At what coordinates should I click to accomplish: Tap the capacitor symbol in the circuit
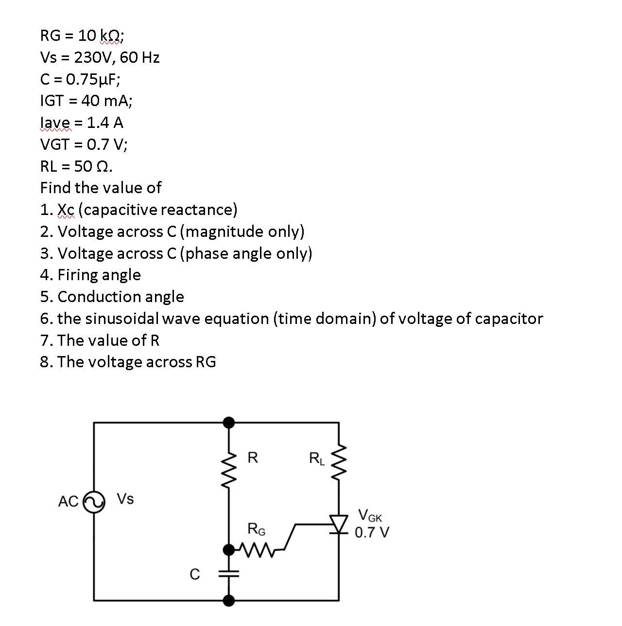point(229,574)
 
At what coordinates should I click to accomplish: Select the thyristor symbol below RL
point(339,524)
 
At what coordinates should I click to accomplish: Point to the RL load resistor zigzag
point(339,461)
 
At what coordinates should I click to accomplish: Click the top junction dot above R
point(229,422)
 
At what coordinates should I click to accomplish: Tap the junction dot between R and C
point(229,550)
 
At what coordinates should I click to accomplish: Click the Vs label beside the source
point(125,499)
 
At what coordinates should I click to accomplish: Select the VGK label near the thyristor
point(370,516)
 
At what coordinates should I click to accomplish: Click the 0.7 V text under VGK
point(371,533)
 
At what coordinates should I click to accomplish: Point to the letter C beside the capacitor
point(194,574)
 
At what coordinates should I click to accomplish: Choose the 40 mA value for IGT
point(106,101)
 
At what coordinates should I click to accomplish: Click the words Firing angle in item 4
point(99,275)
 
